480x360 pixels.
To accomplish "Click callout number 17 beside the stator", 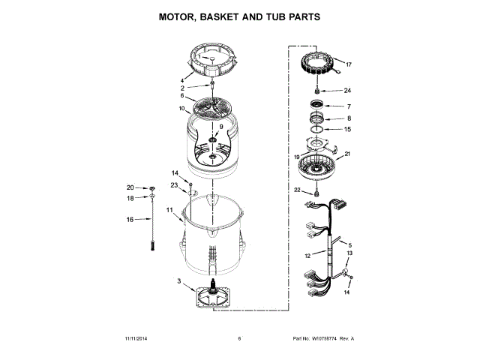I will [x=347, y=64].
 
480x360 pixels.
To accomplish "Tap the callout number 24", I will [x=347, y=91].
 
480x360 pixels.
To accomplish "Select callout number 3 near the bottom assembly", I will [x=179, y=281].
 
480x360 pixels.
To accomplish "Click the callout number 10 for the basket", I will [x=181, y=109].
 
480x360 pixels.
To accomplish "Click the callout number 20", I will [x=130, y=187].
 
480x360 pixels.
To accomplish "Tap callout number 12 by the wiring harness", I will [x=307, y=255].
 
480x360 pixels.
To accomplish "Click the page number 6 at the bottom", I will [x=239, y=339].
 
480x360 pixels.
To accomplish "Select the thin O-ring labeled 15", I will [x=318, y=130].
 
